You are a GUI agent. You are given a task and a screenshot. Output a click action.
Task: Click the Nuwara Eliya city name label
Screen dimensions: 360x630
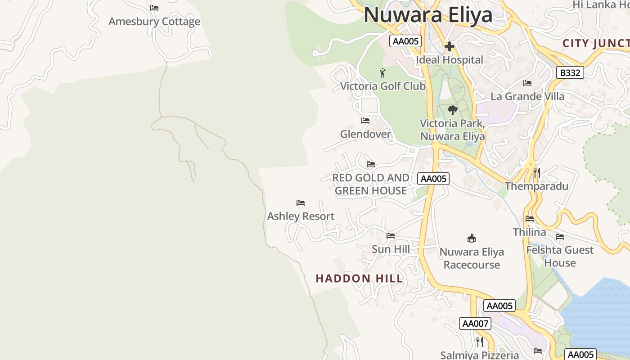pyautogui.click(x=428, y=15)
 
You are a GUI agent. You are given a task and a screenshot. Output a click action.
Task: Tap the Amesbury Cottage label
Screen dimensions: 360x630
pyautogui.click(x=154, y=22)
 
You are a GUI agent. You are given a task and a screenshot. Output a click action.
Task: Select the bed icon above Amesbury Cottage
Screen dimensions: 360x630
pyautogui.click(x=154, y=8)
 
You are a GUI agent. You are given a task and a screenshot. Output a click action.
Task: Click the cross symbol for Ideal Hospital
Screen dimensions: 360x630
pyautogui.click(x=449, y=46)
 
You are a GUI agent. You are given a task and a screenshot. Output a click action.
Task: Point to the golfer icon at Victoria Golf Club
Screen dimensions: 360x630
pyautogui.click(x=382, y=73)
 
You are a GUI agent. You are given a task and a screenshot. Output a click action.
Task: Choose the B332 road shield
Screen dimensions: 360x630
pyautogui.click(x=570, y=72)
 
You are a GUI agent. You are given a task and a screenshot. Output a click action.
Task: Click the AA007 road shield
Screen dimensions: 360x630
pyautogui.click(x=475, y=323)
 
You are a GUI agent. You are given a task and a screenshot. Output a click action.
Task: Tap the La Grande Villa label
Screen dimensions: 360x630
pyautogui.click(x=527, y=96)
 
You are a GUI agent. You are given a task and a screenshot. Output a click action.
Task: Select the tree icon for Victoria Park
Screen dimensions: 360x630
pyautogui.click(x=453, y=110)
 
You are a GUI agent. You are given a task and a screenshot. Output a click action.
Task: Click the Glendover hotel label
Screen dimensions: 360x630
pyautogui.click(x=365, y=134)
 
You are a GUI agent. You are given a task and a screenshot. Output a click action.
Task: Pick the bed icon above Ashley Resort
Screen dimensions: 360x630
pyautogui.click(x=301, y=203)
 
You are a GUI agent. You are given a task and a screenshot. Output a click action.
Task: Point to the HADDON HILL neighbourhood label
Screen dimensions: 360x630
pyautogui.click(x=359, y=279)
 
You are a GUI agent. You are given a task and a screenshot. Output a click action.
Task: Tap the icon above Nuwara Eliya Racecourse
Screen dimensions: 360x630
pyautogui.click(x=472, y=238)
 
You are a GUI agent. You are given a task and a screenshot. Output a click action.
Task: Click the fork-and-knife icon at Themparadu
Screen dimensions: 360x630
pyautogui.click(x=536, y=172)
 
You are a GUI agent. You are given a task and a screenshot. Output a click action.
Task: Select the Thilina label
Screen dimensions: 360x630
pyautogui.click(x=530, y=232)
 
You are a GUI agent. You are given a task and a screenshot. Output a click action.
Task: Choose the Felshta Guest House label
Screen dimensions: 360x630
pyautogui.click(x=560, y=256)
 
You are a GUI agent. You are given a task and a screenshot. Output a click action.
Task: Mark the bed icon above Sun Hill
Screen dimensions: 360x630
pyautogui.click(x=391, y=235)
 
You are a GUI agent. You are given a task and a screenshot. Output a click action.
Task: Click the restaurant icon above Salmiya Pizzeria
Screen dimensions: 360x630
pyautogui.click(x=480, y=342)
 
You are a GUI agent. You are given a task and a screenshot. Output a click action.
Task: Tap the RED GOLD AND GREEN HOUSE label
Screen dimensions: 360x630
pyautogui.click(x=371, y=184)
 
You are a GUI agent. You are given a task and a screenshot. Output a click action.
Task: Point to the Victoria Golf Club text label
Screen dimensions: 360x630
pyautogui.click(x=382, y=86)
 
